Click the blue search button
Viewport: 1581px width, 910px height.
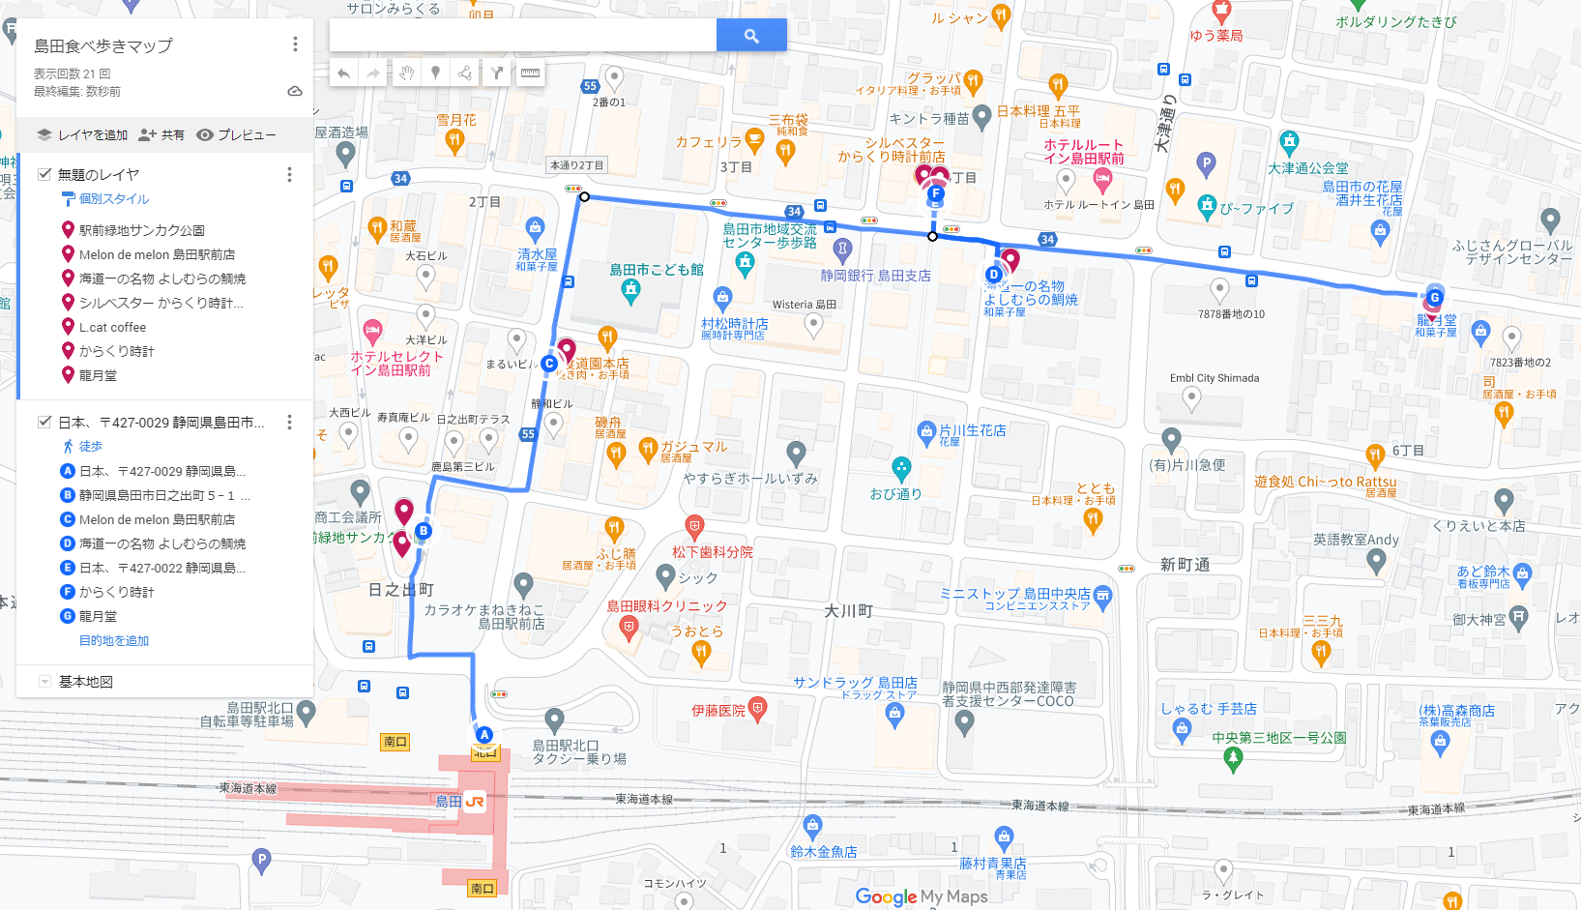(751, 36)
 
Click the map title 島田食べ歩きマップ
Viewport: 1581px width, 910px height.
(103, 45)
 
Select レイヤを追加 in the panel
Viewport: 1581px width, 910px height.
(83, 135)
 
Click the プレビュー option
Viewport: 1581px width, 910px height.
(237, 135)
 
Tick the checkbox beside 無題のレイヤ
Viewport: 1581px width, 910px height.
(44, 174)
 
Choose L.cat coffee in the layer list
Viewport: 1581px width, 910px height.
(112, 327)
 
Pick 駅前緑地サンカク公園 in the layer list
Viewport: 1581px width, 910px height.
(141, 230)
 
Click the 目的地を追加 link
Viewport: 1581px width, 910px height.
(114, 640)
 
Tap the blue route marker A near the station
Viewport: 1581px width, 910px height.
(484, 735)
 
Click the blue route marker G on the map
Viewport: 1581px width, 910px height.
(1434, 298)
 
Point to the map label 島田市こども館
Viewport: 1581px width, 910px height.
(657, 270)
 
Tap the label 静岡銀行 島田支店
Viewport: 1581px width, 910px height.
(875, 276)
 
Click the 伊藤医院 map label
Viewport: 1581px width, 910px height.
(718, 711)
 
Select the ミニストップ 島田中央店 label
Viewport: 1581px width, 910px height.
(1015, 594)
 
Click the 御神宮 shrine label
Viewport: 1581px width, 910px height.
(1479, 620)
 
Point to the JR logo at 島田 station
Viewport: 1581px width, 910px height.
(475, 802)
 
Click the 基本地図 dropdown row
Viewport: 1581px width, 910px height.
(85, 682)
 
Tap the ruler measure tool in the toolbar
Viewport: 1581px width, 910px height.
(530, 73)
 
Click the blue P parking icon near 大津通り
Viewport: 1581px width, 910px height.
(1205, 162)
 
